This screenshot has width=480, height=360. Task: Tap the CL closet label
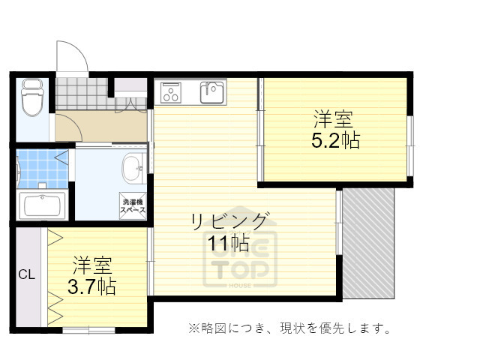point(26,274)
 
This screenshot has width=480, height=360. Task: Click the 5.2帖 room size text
point(334,140)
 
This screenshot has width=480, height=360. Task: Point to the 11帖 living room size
point(229,243)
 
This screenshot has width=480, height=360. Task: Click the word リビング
point(229,221)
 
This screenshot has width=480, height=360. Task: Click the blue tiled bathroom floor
point(42,168)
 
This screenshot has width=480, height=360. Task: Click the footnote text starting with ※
point(289,328)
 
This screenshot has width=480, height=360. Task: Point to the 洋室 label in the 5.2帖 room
point(334,119)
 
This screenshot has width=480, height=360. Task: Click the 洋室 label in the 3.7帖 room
point(91,265)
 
